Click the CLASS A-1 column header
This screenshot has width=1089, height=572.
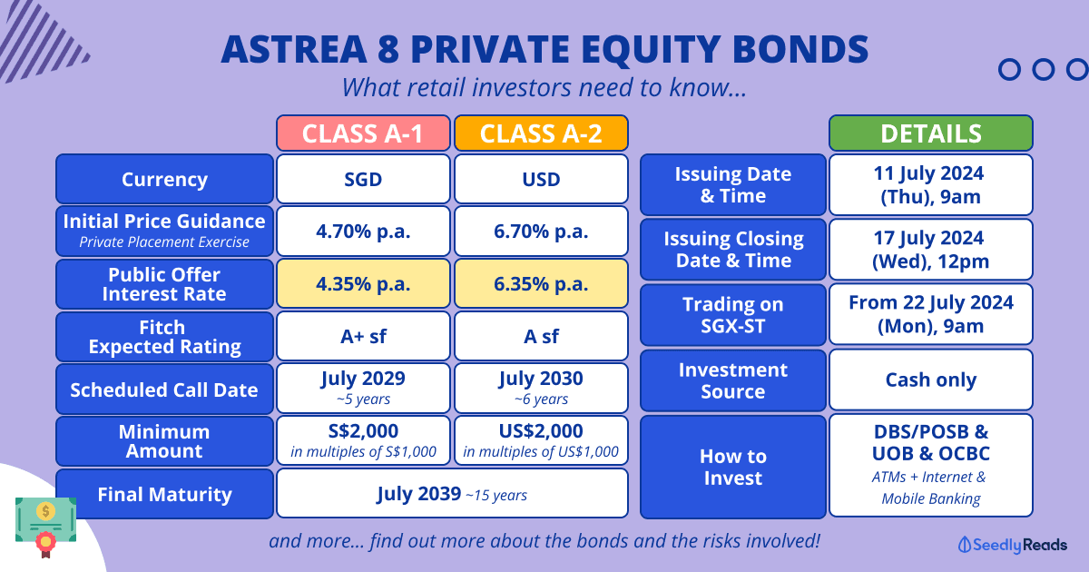pyautogui.click(x=363, y=133)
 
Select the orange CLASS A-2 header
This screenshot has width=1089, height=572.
pyautogui.click(x=541, y=133)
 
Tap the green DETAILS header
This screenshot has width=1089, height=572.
pyautogui.click(x=931, y=133)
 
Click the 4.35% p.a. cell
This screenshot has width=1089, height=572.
pyautogui.click(x=363, y=283)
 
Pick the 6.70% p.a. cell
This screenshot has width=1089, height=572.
pyautogui.click(x=541, y=231)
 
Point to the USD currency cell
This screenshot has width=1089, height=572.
pyautogui.click(x=541, y=179)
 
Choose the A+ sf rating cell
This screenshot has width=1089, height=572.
pyautogui.click(x=363, y=336)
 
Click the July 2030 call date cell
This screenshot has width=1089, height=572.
pyautogui.click(x=541, y=389)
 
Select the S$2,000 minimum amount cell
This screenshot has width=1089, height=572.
pyautogui.click(x=363, y=440)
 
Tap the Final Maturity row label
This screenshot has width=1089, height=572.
pyautogui.click(x=165, y=494)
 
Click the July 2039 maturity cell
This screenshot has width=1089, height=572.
pyautogui.click(x=452, y=493)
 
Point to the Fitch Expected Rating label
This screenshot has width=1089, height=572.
pyautogui.click(x=165, y=337)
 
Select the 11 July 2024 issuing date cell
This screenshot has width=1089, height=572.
pyautogui.click(x=931, y=185)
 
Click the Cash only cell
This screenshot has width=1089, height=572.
pyautogui.click(x=931, y=380)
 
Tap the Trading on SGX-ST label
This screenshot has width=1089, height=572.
pyautogui.click(x=733, y=315)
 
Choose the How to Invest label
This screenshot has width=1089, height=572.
pyautogui.click(x=733, y=467)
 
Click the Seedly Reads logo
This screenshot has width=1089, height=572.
pyautogui.click(x=1012, y=545)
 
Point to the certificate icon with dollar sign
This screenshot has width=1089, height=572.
pyautogui.click(x=45, y=527)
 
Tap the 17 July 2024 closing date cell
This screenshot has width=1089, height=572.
pyautogui.click(x=931, y=250)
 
